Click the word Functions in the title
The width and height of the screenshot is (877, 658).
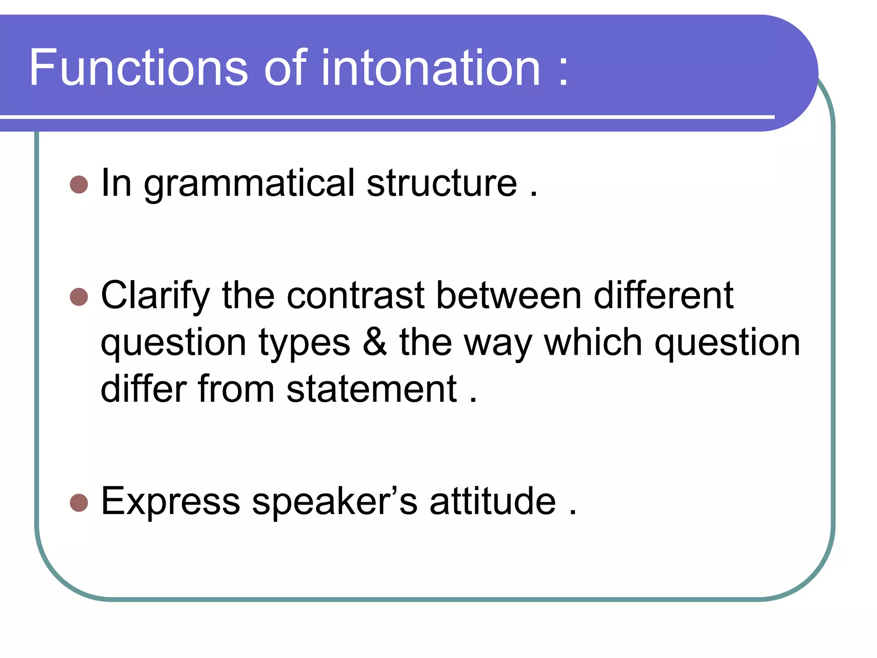[138, 68]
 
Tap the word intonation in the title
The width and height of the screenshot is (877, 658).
[430, 68]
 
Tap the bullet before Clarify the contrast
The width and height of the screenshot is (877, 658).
[79, 296]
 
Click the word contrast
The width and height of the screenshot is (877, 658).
[355, 296]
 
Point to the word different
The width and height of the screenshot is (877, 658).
[663, 296]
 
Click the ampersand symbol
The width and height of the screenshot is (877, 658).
[375, 342]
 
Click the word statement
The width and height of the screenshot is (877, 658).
[371, 389]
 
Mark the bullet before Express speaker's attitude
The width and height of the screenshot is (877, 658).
[79, 502]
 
